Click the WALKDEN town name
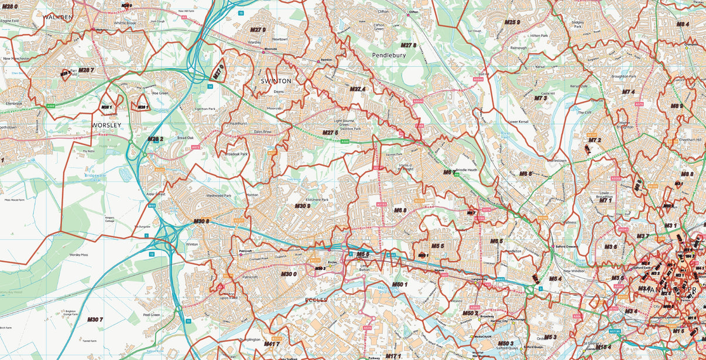pos(57,18)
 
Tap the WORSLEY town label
pos(106,125)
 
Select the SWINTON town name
pos(276,81)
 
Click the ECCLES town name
pos(316,300)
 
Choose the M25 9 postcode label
pos(512,22)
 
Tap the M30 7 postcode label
pos(95,320)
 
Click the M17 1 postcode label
pos(392,355)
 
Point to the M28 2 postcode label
pos(155,139)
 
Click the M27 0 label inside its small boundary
pos(218,71)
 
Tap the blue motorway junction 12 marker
pos(151,254)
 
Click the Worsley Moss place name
pos(78,255)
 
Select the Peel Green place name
pos(152,315)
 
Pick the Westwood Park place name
pos(220,196)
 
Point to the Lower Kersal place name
pos(518,122)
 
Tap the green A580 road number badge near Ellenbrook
pos(51,106)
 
